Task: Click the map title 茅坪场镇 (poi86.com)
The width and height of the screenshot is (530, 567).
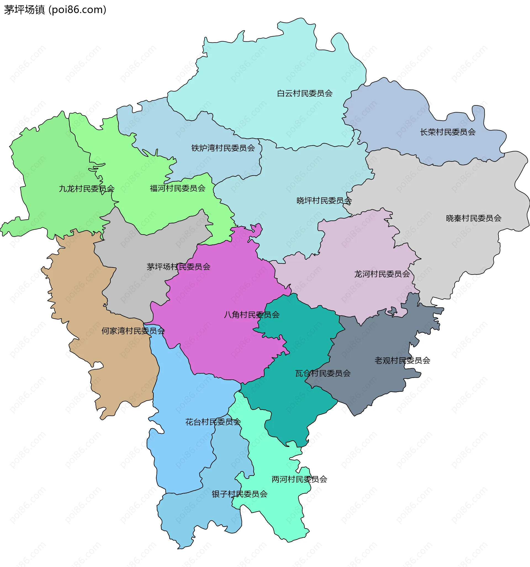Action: [55, 10]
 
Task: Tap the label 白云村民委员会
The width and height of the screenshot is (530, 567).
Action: [304, 93]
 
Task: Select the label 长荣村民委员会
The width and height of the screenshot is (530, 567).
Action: [447, 132]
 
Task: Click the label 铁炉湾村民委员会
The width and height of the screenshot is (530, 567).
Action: [223, 148]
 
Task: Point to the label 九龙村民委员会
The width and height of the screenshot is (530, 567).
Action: [86, 188]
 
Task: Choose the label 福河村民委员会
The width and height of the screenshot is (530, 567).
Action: [177, 188]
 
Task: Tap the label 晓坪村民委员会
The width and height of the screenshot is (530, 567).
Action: [324, 201]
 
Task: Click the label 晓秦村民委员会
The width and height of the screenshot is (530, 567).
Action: [473, 218]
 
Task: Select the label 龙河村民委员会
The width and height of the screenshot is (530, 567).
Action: [382, 274]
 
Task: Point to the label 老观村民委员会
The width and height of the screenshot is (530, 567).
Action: [402, 360]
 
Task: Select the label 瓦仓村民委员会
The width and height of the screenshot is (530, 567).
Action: [323, 373]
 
